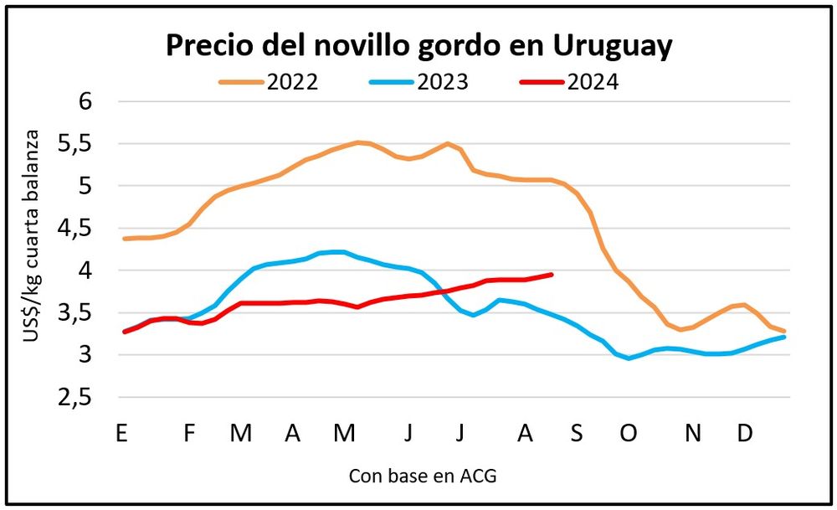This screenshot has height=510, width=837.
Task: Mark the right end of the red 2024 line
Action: pyautogui.click(x=552, y=274)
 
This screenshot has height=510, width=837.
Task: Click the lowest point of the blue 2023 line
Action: pyautogui.click(x=629, y=358)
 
